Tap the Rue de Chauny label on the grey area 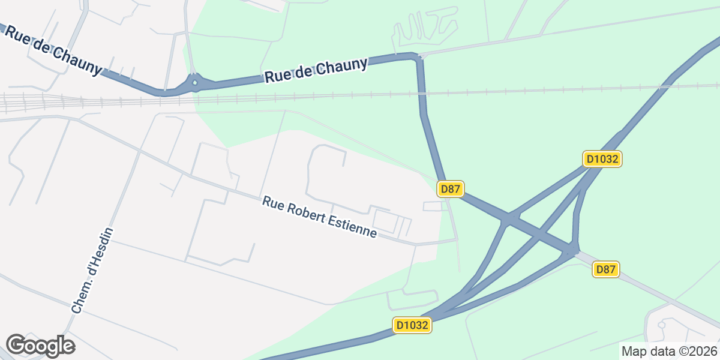53,50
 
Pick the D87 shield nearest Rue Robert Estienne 450,189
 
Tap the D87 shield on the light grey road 606,269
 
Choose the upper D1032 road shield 602,159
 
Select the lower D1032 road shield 413,325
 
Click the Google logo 40,346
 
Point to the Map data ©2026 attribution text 669,351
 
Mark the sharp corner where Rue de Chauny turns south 417,57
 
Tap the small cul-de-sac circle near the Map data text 662,325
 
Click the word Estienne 351,227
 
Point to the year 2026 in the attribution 704,351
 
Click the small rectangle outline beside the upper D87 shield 432,206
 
